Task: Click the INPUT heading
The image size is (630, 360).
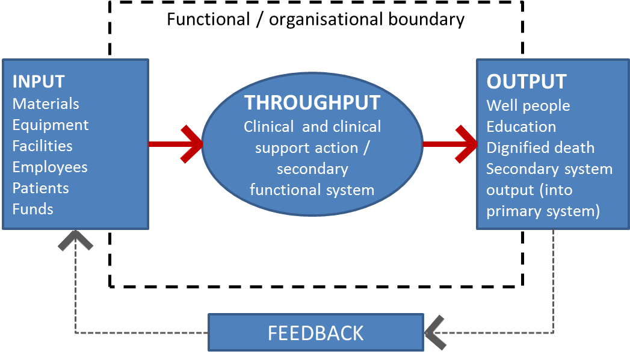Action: tap(39, 81)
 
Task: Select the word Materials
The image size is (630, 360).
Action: tap(46, 104)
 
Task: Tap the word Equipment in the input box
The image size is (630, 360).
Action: tap(51, 125)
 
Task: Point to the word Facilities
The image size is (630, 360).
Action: tap(42, 146)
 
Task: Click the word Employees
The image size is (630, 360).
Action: tap(50, 167)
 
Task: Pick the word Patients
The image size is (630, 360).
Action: tap(41, 188)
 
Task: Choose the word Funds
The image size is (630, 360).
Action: tap(33, 209)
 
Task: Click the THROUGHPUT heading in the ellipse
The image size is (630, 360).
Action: tap(312, 103)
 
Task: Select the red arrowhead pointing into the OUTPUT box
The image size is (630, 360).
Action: tap(467, 144)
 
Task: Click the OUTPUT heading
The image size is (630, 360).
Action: tap(527, 82)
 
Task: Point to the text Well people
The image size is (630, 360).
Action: tap(528, 105)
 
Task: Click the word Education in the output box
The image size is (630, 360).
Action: tap(521, 126)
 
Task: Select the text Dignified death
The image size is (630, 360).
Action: tap(540, 147)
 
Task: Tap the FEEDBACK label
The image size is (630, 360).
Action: tap(316, 333)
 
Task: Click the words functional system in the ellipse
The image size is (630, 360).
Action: tap(312, 190)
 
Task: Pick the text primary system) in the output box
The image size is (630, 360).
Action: tap(543, 211)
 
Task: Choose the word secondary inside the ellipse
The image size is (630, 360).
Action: tap(312, 169)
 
